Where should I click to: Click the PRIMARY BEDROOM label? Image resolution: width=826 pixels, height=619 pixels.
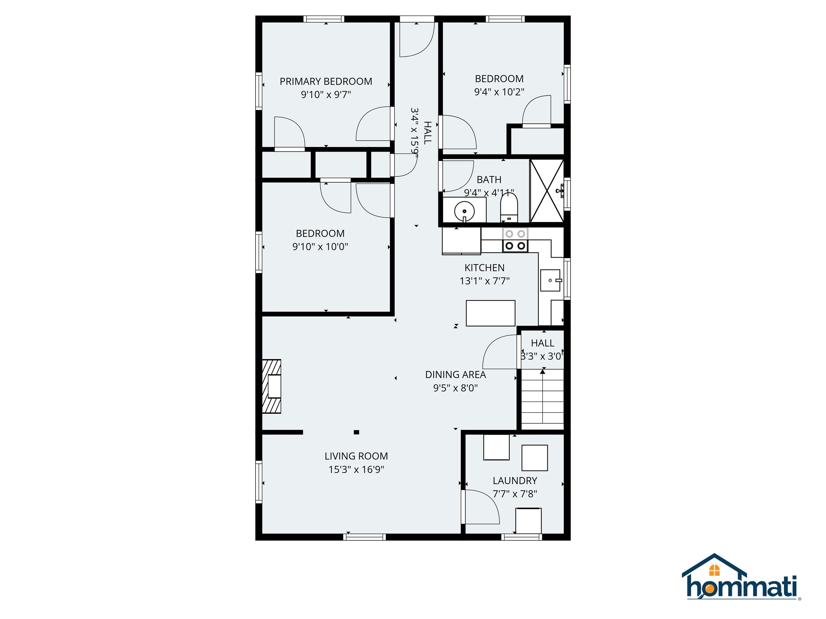pos(326,81)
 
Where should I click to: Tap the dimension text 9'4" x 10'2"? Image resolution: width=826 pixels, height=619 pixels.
pos(499,92)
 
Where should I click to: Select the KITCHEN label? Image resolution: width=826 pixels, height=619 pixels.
pos(484,268)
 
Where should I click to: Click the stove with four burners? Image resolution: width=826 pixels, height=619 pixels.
pos(515,240)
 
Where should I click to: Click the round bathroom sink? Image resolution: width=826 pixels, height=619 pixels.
pos(464,211)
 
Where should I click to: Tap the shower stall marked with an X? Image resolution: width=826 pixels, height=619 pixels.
pos(547,191)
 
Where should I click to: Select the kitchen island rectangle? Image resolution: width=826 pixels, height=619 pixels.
pos(490,313)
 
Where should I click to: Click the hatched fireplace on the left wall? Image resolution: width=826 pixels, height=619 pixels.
pos(272,386)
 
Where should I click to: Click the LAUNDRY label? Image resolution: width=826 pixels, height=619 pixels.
pos(515,481)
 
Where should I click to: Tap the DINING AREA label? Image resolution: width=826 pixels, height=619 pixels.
pos(455,375)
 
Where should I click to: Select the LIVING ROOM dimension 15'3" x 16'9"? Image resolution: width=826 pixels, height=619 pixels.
pos(356,469)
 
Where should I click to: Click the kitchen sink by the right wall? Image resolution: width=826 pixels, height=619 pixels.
pos(550,280)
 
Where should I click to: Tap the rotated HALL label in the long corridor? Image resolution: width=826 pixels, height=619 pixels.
pos(428,132)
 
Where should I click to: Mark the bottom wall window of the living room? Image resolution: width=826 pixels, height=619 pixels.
pos(364,537)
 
